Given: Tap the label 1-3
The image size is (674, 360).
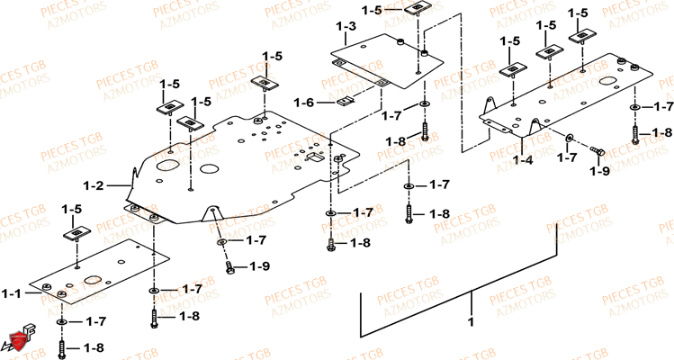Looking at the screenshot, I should coord(346,27).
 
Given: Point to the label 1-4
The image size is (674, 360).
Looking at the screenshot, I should coord(524,159).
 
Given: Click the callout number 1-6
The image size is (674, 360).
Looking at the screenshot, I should coord(304,103).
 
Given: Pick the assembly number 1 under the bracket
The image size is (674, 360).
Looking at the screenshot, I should coord(469,321).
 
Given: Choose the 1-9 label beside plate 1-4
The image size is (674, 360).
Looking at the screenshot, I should coord(600,169).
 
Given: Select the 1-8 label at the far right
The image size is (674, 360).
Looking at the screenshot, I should coord(661,133).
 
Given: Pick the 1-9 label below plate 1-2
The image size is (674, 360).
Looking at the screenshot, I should coord(259,266).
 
